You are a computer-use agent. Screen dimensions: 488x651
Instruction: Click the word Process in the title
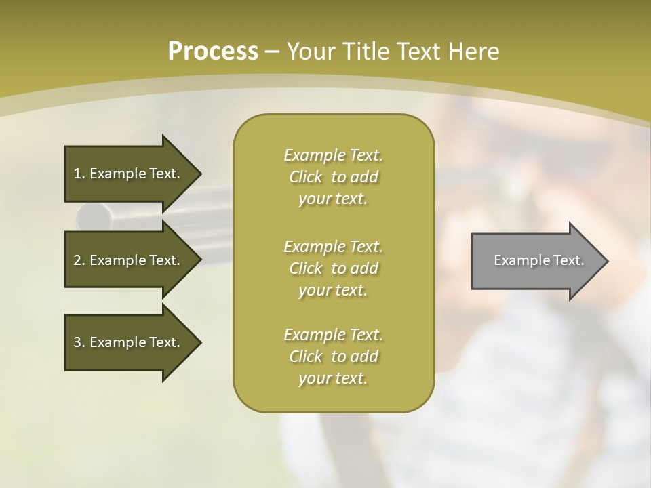(x=213, y=52)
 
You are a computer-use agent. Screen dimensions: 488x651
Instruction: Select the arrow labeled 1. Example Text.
(x=129, y=174)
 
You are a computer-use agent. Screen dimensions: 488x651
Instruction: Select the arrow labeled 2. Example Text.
(x=129, y=260)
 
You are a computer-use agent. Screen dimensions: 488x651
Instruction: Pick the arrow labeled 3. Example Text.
(x=129, y=342)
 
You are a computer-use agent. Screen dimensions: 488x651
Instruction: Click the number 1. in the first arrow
(x=79, y=174)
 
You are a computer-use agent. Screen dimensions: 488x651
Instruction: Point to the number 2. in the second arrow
(x=79, y=260)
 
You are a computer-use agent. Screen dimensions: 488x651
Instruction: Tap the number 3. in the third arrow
(x=79, y=342)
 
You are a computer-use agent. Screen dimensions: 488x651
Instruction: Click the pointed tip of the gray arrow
(x=606, y=261)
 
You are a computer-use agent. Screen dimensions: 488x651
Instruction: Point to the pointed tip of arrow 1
(x=199, y=174)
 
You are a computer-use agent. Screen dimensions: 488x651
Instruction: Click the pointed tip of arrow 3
(x=199, y=342)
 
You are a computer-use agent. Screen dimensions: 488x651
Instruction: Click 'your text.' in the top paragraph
(x=333, y=199)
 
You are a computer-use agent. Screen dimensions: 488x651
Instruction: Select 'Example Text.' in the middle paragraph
(x=333, y=246)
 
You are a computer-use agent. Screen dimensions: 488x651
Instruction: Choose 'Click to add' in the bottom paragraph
(x=333, y=357)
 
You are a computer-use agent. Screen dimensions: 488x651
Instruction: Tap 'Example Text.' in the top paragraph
(x=333, y=155)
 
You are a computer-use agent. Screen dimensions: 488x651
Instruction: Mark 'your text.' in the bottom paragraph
(x=333, y=379)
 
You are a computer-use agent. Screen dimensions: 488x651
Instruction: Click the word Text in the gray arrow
(x=568, y=260)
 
